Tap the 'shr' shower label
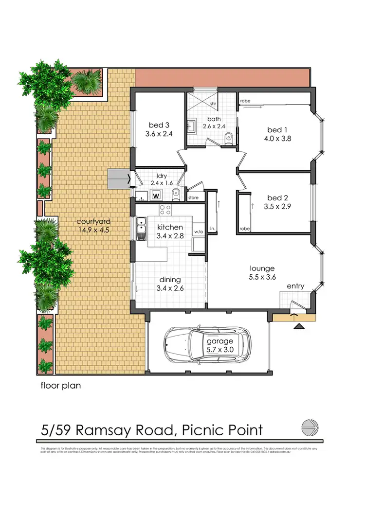point(213,104)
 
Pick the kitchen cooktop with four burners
point(165,211)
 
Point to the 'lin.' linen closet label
point(212,228)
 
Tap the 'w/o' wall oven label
point(198,231)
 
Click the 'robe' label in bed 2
point(244,229)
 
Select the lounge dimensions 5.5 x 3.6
point(262,278)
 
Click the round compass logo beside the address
point(310,428)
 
